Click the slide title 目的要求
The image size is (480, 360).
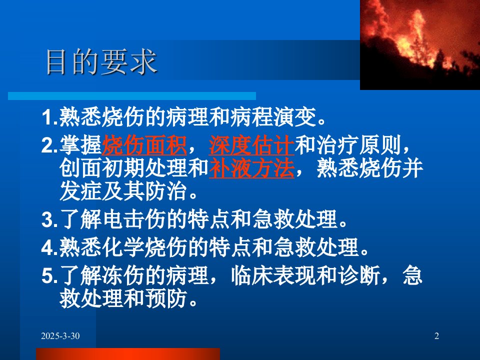[x=101, y=61]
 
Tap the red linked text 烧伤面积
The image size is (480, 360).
[x=144, y=145]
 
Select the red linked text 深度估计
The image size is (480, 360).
[x=251, y=145]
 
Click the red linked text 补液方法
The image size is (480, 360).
[x=251, y=168]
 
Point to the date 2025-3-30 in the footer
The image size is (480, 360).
[x=60, y=336]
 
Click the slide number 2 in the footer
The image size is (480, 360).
[x=437, y=336]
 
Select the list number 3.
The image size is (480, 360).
[x=48, y=219]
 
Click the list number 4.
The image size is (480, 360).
[x=48, y=247]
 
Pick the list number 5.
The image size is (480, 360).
[x=48, y=275]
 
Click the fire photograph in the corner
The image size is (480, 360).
[x=419, y=44]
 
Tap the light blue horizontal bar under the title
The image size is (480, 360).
[x=132, y=96]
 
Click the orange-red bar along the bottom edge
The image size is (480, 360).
[x=128, y=354]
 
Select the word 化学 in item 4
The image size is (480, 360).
[x=123, y=247]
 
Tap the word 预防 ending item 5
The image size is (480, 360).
[x=166, y=298]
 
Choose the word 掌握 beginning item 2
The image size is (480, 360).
[x=81, y=145]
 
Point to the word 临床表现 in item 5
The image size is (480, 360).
[x=273, y=275]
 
